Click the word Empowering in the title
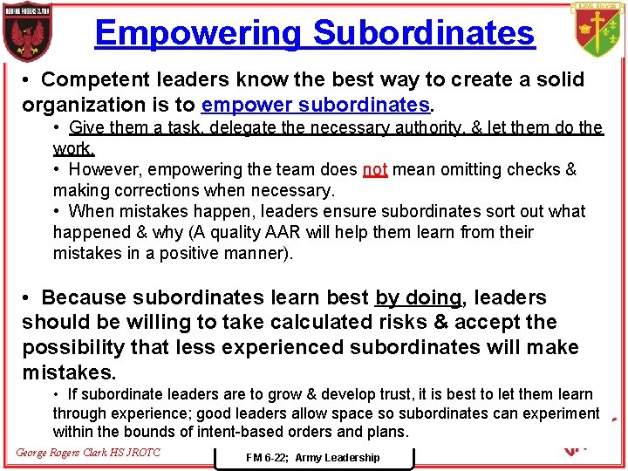(x=199, y=33)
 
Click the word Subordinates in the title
(x=424, y=33)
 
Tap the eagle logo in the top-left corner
(x=25, y=33)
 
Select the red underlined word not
(x=375, y=169)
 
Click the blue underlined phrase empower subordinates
(x=316, y=105)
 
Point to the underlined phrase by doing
(x=419, y=298)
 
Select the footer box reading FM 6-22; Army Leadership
(x=312, y=457)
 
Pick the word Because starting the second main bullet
(x=91, y=298)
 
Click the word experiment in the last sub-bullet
(x=558, y=413)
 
